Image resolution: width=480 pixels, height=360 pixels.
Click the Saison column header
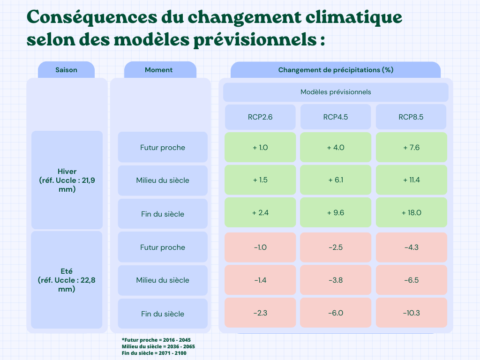pos(66,70)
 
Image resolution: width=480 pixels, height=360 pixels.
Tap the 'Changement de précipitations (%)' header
pos(336,70)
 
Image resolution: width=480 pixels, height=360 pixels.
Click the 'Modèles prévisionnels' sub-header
pos(336,92)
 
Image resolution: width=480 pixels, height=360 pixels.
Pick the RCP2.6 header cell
pos(260,117)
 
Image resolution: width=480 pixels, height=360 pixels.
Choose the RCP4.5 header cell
pos(336,117)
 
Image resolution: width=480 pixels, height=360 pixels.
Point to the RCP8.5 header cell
pos(411,117)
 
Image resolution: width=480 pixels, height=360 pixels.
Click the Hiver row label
pos(67,180)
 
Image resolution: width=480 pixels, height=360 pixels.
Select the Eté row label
pos(67,280)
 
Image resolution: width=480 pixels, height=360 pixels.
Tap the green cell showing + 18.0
pos(411,212)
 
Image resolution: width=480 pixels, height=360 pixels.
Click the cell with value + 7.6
pos(411,147)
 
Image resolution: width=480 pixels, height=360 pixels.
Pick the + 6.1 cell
pos(336,180)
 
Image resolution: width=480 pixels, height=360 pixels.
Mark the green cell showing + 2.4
pos(260,212)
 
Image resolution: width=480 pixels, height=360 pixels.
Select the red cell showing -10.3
pos(411,313)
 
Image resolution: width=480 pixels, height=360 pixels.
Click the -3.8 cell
pos(336,280)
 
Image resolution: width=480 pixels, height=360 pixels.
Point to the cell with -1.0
pos(260,247)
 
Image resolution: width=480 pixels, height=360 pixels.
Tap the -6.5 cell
pos(411,280)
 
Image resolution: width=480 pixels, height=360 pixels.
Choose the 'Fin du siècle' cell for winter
pos(163,214)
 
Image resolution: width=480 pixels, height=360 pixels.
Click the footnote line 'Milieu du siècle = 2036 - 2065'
pos(158,346)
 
